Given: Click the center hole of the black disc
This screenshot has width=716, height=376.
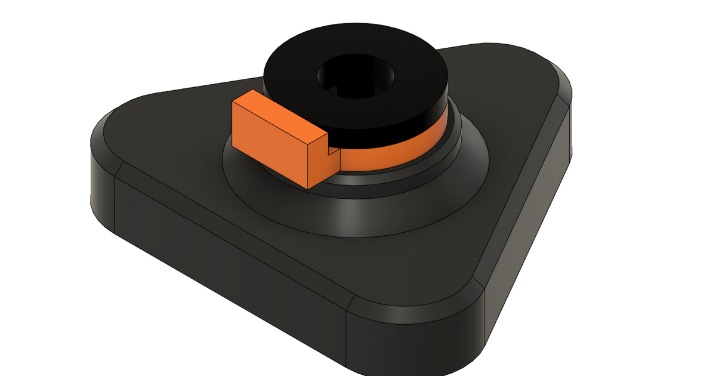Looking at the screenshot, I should (x=356, y=78).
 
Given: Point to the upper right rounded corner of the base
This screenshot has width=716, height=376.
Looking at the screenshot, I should (x=552, y=72).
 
